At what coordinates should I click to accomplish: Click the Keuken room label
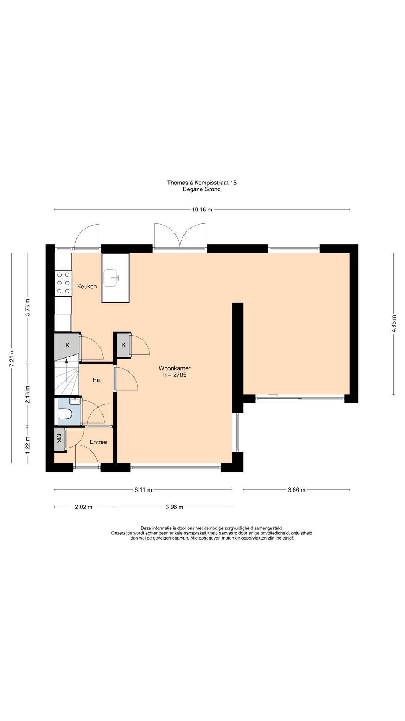coord(87,286)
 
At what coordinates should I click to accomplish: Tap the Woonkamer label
coord(174,368)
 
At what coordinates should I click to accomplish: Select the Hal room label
coord(97,380)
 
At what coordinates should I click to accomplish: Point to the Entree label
coord(98,442)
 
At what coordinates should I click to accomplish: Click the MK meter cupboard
coord(59,438)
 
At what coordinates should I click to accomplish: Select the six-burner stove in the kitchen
coord(63,283)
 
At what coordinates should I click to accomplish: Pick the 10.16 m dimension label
coord(202,210)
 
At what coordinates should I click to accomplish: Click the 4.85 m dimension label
coord(393,324)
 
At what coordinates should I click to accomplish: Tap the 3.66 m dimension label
coord(297,490)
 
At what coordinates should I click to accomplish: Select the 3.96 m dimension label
coord(174,507)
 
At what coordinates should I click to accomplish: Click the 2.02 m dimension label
coord(84,507)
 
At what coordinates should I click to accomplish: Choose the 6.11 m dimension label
coord(143,490)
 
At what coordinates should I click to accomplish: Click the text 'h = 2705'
coord(175,374)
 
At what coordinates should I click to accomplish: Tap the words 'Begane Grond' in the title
coord(202,189)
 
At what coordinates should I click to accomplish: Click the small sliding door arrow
coord(273,395)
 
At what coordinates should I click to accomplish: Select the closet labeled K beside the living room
coord(123,345)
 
